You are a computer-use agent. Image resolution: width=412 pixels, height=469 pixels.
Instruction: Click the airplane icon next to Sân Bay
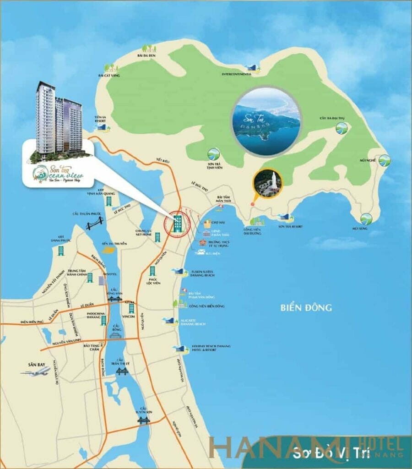tap(35, 371)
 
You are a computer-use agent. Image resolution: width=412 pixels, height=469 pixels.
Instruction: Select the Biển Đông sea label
tap(306, 308)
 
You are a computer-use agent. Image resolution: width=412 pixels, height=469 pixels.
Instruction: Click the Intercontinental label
tap(237, 74)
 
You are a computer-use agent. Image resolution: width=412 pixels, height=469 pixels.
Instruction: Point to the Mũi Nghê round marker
tap(385, 160)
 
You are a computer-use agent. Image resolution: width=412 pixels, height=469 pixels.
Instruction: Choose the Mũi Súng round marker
tap(366, 218)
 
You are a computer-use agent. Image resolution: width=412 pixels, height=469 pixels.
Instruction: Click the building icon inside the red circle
tap(177, 224)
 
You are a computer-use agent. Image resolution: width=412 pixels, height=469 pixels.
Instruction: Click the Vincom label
tap(129, 316)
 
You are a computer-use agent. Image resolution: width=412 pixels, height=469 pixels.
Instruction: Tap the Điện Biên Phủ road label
tap(32, 322)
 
